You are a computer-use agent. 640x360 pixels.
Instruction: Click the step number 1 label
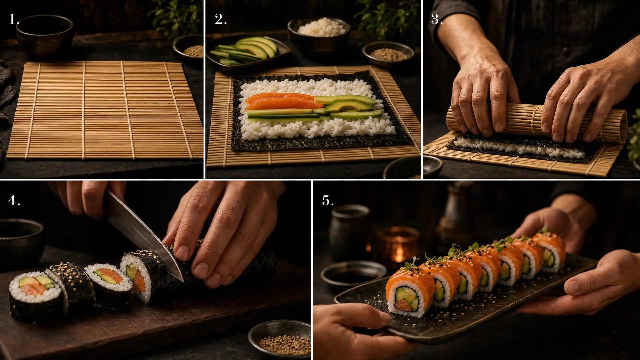pyautogui.click(x=14, y=19)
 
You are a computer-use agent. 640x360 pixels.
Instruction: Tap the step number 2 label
pyautogui.click(x=221, y=19)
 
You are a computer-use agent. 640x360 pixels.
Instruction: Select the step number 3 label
pyautogui.click(x=437, y=19)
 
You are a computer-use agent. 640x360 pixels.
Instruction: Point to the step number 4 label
pyautogui.click(x=14, y=200)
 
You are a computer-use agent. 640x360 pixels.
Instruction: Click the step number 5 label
pyautogui.click(x=328, y=200)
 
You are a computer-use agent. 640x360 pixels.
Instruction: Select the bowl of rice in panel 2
pyautogui.click(x=319, y=33)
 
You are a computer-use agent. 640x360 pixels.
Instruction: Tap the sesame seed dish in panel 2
pyautogui.click(x=388, y=53)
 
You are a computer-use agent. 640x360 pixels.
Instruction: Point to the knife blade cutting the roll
pyautogui.click(x=143, y=233)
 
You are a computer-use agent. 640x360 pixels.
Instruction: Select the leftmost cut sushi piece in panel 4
pyautogui.click(x=36, y=296)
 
